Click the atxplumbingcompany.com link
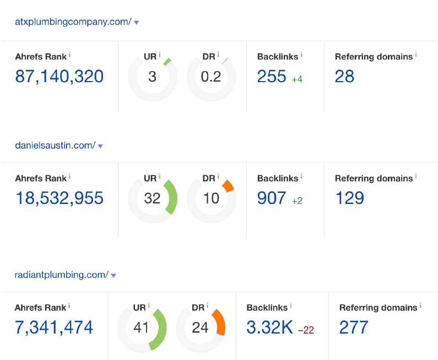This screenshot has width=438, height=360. pos(73,22)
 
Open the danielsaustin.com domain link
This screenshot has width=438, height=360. pos(55,146)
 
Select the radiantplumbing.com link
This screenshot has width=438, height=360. pos(62,275)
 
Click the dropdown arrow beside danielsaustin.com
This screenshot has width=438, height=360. pos(100,146)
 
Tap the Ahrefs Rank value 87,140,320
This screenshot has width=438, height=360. pos(60,76)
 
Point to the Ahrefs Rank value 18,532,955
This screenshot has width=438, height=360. pos(60,198)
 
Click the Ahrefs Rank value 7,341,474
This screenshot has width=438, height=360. pos(54,327)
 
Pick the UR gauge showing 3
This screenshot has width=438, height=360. pos(153,77)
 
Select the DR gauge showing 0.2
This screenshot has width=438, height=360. pos(211,77)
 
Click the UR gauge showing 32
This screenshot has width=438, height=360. pos(153,198)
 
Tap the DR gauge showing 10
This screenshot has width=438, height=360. pos(211,198)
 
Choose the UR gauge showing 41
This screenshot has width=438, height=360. pos(142,328)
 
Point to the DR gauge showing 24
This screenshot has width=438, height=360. pos(201,328)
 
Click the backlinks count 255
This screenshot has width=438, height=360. pos(272,76)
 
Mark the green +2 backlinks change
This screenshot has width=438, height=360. pos(297,201)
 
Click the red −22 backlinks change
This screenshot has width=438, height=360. pos(306,330)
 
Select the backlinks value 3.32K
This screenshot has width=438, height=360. pos(269,327)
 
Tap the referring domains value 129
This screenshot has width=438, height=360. pos(349,198)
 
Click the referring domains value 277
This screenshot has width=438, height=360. pos(354,327)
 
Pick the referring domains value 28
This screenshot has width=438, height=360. pos(344,76)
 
